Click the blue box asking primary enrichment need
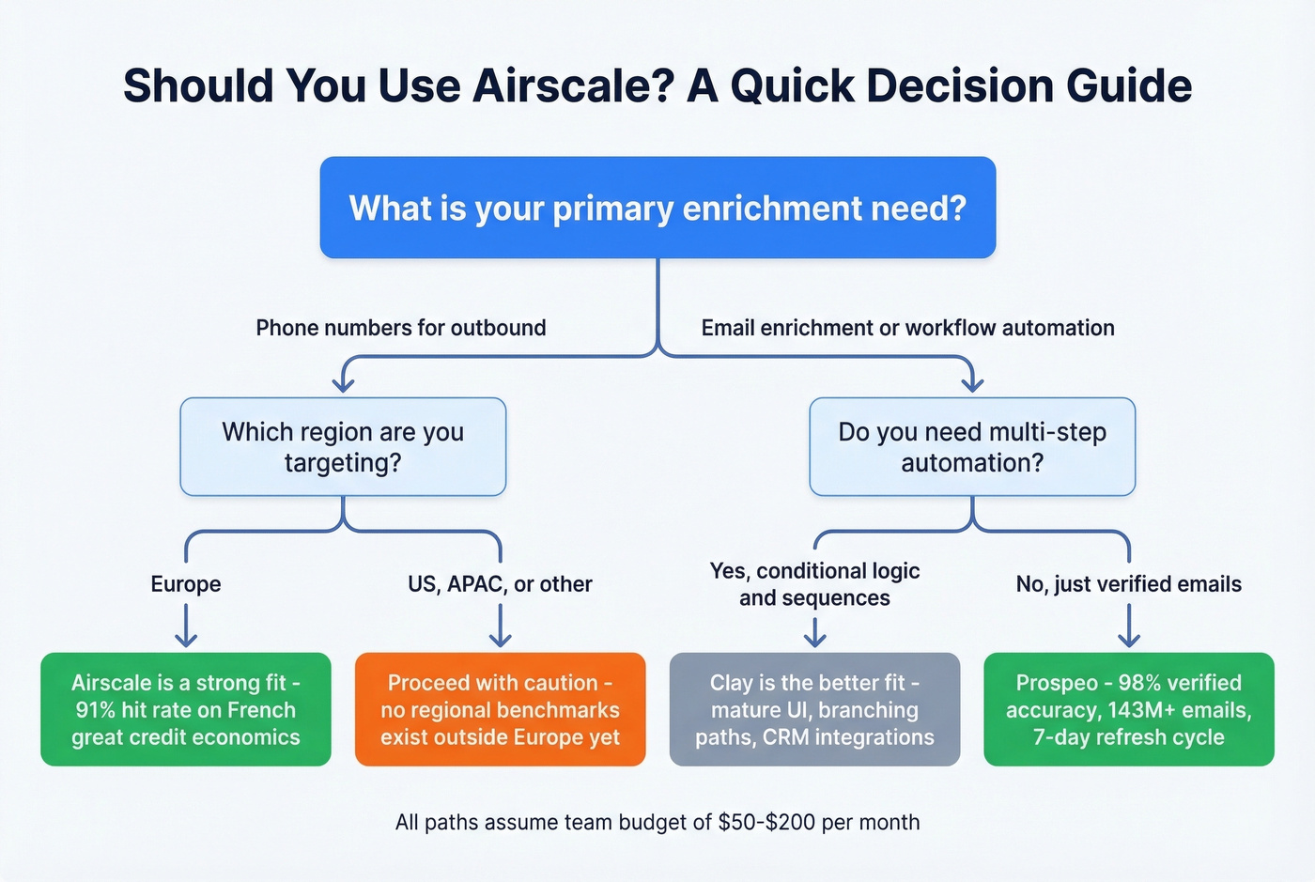(657, 208)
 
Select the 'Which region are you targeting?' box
(343, 447)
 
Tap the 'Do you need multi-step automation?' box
(972, 447)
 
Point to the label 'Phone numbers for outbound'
(401, 328)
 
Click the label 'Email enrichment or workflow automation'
(907, 328)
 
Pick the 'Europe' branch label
(186, 584)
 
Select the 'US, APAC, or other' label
(500, 584)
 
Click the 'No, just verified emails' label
(1128, 584)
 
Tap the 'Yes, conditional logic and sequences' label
(814, 584)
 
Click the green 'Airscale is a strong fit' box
(186, 709)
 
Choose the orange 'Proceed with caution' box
(500, 709)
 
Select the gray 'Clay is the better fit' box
(814, 709)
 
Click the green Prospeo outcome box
(1128, 709)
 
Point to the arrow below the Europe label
(186, 627)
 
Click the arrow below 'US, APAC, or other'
(500, 627)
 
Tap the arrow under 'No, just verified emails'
(1128, 627)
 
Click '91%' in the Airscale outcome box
(96, 710)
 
